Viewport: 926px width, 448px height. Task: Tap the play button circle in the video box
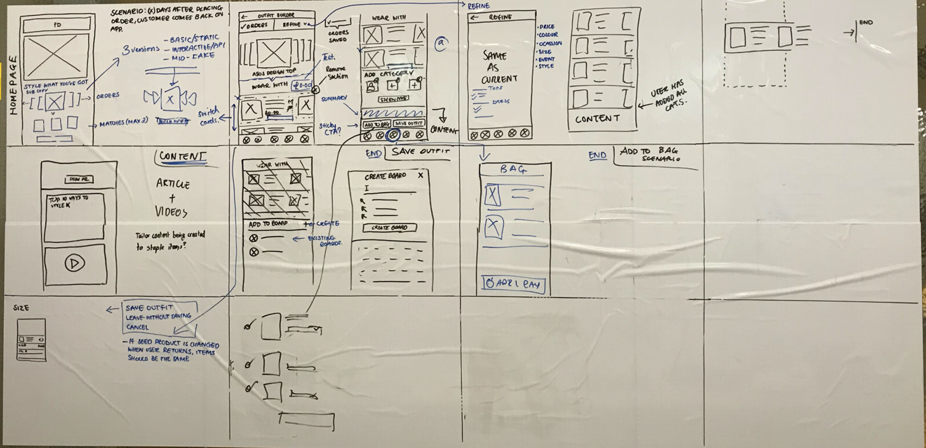click(75, 263)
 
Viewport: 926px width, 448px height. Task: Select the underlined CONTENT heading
click(182, 157)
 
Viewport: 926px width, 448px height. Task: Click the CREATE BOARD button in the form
click(389, 228)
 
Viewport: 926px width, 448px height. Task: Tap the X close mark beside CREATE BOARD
click(420, 176)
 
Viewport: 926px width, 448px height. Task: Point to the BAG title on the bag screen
click(513, 168)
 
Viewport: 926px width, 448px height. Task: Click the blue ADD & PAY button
click(512, 284)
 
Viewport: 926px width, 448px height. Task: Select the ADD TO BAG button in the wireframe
click(377, 123)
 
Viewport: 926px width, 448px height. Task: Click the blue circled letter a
click(441, 43)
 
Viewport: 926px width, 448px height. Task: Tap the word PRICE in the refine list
click(547, 27)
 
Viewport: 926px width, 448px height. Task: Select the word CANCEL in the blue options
click(138, 326)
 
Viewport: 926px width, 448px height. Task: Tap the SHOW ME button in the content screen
click(78, 179)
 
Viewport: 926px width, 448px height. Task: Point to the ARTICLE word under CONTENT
click(173, 185)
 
